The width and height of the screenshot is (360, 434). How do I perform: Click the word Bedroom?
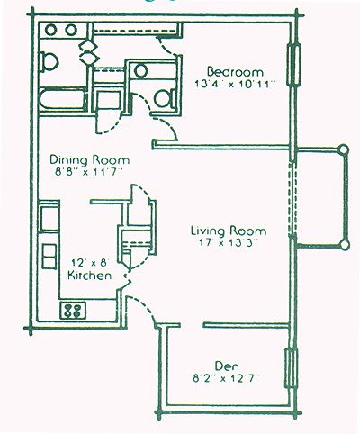tap(235, 72)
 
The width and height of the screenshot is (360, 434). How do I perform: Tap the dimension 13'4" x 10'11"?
tap(235, 84)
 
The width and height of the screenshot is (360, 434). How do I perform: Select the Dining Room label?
tap(90, 160)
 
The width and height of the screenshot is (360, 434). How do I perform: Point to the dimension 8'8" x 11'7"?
tap(90, 173)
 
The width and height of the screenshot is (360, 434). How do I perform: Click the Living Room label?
tap(229, 231)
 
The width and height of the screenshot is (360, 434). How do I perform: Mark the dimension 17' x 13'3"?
tap(229, 242)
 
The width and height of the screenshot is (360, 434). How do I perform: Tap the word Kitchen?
tap(90, 276)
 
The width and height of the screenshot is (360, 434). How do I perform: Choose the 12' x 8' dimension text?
tap(90, 263)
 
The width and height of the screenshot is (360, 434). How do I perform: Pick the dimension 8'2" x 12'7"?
tap(226, 379)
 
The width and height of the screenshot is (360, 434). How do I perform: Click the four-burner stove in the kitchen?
tap(73, 311)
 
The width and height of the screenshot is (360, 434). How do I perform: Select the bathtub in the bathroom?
tap(63, 100)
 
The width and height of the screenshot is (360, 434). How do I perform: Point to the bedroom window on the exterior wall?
tap(293, 65)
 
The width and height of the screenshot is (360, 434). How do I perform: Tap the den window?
tap(291, 368)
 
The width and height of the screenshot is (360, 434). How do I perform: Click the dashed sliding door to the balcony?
tap(292, 200)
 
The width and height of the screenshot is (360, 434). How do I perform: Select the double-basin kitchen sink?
tap(49, 257)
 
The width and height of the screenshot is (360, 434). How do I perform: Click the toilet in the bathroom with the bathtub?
tap(49, 62)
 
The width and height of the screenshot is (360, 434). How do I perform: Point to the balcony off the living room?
tap(322, 197)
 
